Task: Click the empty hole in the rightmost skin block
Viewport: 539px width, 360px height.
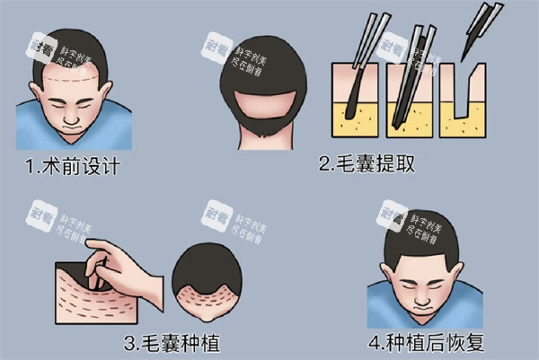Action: pos(464,108)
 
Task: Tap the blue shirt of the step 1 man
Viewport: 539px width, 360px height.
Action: pos(36,130)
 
